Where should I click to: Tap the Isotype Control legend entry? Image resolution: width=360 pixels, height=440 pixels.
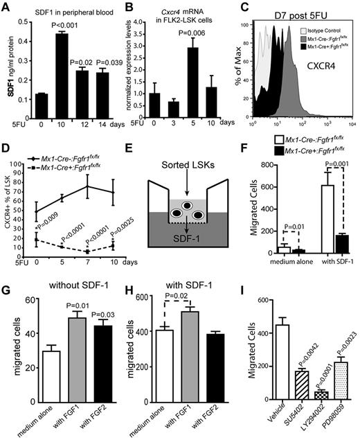(311, 33)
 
